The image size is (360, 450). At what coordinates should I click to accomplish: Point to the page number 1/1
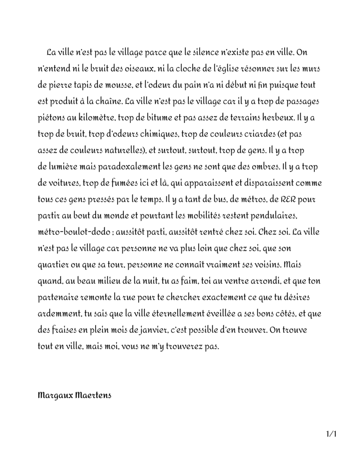pos(331,434)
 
